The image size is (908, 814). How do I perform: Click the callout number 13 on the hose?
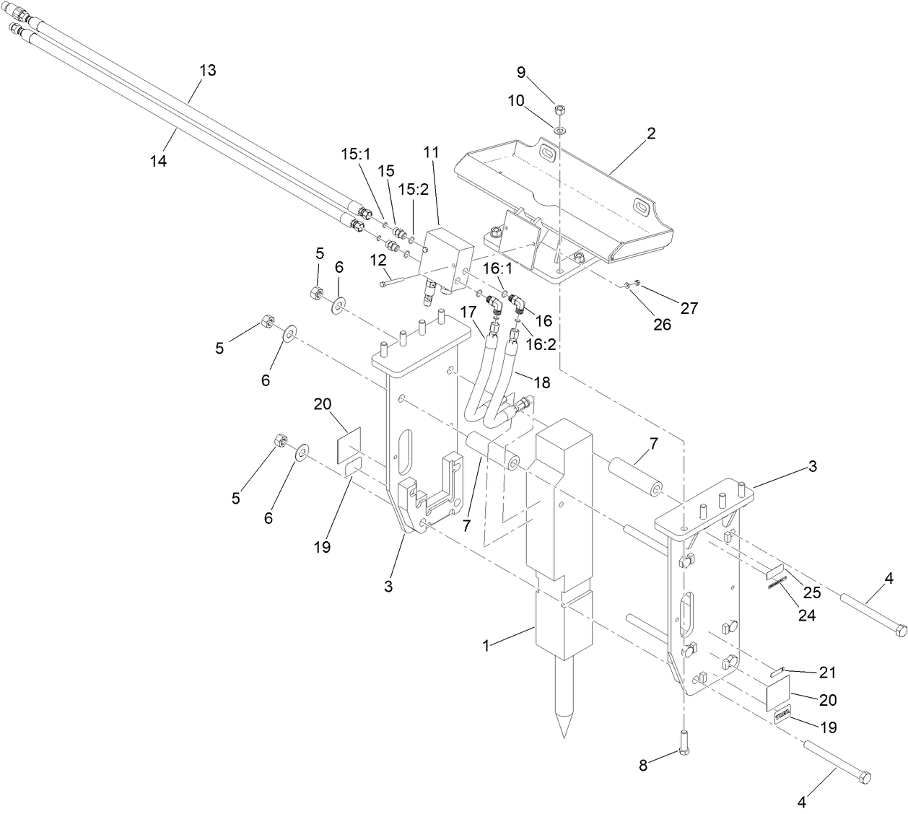pyautogui.click(x=207, y=71)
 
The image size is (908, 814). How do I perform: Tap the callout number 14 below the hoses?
pyautogui.click(x=158, y=162)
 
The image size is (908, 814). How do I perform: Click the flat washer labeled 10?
pyautogui.click(x=561, y=129)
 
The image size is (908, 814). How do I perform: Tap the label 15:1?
pyautogui.click(x=355, y=154)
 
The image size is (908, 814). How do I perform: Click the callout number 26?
pyautogui.click(x=661, y=325)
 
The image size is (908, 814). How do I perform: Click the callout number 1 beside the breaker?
pyautogui.click(x=486, y=646)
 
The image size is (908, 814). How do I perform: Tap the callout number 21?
pyautogui.click(x=826, y=673)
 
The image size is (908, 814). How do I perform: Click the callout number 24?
pyautogui.click(x=806, y=616)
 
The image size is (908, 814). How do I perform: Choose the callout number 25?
pyautogui.click(x=812, y=593)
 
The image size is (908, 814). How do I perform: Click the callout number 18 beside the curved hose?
pyautogui.click(x=540, y=383)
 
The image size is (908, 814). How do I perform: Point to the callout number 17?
pyautogui.click(x=469, y=313)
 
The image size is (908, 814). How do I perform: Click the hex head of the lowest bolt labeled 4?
pyautogui.click(x=865, y=778)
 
